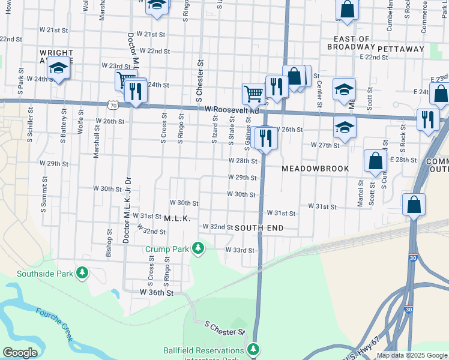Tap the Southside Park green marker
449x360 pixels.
coord(82,274)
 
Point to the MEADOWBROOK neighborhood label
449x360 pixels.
coord(315,169)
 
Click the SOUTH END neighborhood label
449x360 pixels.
coord(259,228)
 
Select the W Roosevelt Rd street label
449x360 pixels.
coord(231,110)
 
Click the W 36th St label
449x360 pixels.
coord(157,292)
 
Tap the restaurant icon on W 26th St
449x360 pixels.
coord(264,138)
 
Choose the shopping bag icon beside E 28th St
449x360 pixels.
coord(375,161)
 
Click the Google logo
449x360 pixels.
coord(19,353)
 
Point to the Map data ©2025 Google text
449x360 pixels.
coord(412,355)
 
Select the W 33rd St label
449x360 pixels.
coord(240,250)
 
